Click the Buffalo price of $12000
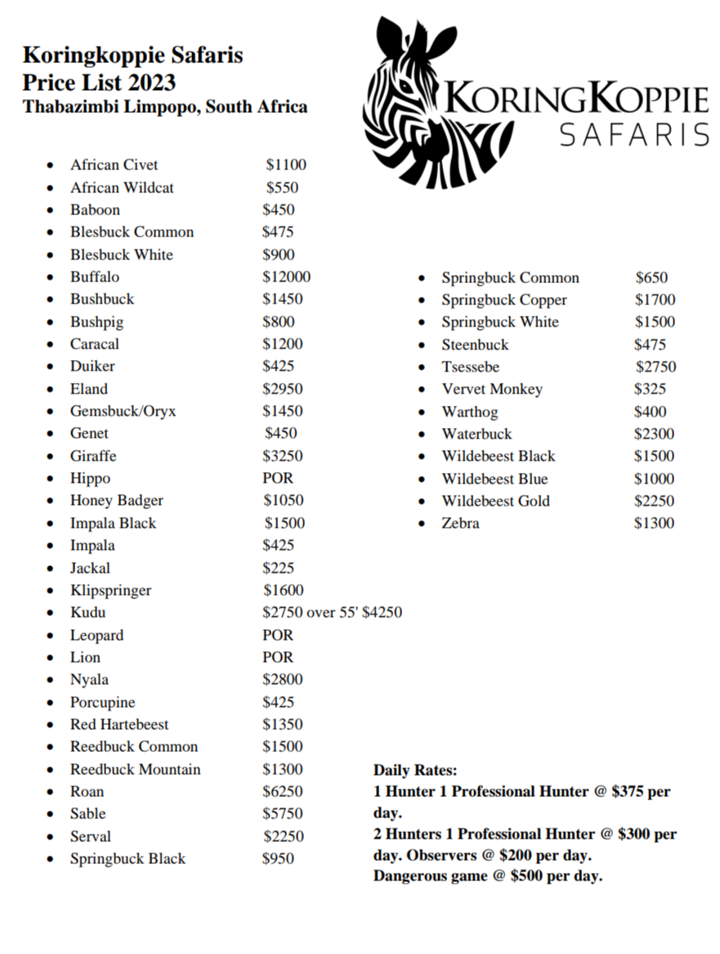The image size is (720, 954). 286,277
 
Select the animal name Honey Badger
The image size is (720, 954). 116,501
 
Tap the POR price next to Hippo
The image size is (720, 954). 277,479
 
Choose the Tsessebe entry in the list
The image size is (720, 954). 470,367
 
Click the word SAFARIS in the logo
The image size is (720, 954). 633,134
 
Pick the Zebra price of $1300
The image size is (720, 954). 654,524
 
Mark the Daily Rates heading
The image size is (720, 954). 415,771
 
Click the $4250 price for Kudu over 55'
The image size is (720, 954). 382,613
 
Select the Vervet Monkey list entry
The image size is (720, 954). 492,389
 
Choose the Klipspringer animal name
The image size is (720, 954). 110,591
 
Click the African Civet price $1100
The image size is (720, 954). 285,165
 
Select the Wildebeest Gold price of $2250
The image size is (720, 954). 654,502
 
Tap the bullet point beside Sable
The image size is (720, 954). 51,815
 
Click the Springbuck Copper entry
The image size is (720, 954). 503,300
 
